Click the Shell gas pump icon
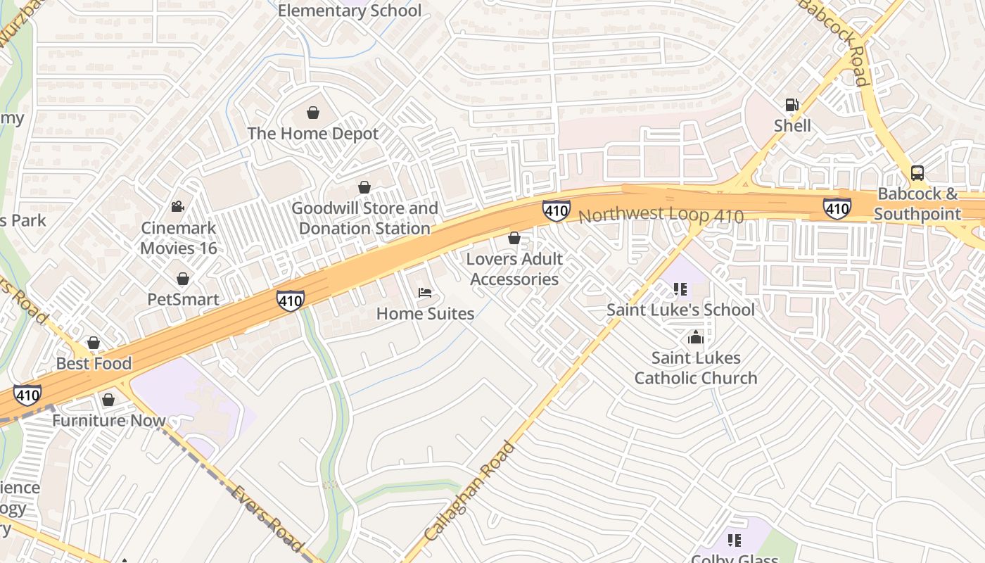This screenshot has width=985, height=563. [x=792, y=105]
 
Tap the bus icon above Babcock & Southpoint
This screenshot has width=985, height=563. [x=917, y=173]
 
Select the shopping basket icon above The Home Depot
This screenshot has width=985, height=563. [x=313, y=113]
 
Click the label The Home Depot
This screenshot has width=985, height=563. [x=313, y=134]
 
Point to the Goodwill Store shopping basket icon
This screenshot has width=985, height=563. [x=364, y=187]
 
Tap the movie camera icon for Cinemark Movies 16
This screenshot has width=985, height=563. [x=178, y=207]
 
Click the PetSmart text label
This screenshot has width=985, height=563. [x=183, y=299]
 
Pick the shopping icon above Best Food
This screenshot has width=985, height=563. [x=94, y=343]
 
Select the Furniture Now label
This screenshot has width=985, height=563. [x=109, y=421]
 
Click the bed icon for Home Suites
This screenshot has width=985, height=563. [x=425, y=293]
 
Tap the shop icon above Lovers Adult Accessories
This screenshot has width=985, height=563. [x=514, y=239]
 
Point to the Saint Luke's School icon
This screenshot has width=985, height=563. [x=680, y=289]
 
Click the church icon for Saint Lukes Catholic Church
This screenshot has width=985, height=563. [x=696, y=338]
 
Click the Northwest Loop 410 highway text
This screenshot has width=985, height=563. [x=661, y=215]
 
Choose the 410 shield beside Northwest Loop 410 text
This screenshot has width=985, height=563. [x=556, y=210]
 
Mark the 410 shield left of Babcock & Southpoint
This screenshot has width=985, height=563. [x=837, y=208]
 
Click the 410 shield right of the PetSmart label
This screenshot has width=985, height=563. [x=290, y=301]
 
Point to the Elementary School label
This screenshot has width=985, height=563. [x=350, y=11]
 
